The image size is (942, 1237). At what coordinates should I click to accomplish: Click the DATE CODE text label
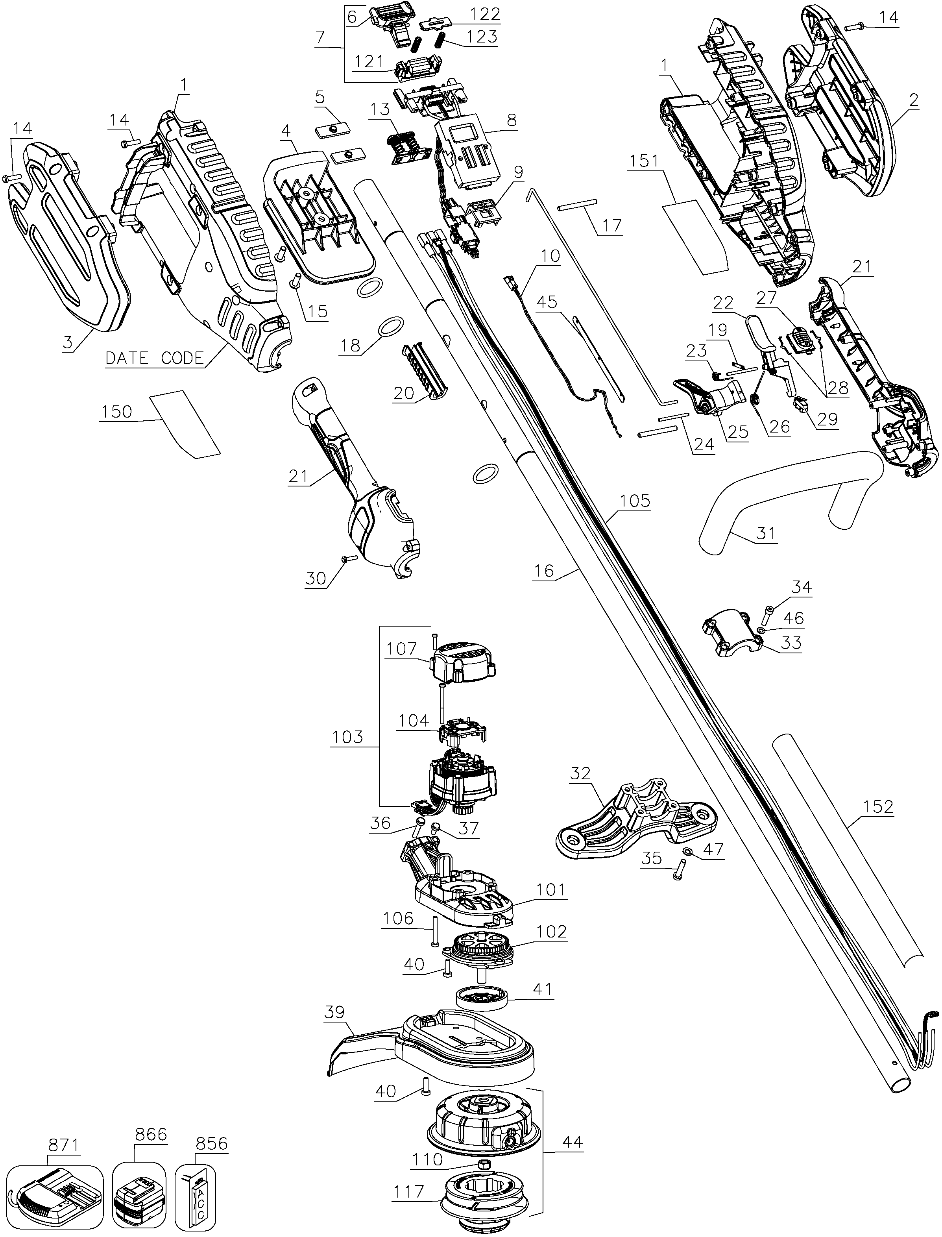[x=155, y=358]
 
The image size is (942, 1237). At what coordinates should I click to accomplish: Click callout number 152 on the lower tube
[x=878, y=806]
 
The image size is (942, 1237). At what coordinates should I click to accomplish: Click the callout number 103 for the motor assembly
[x=348, y=736]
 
